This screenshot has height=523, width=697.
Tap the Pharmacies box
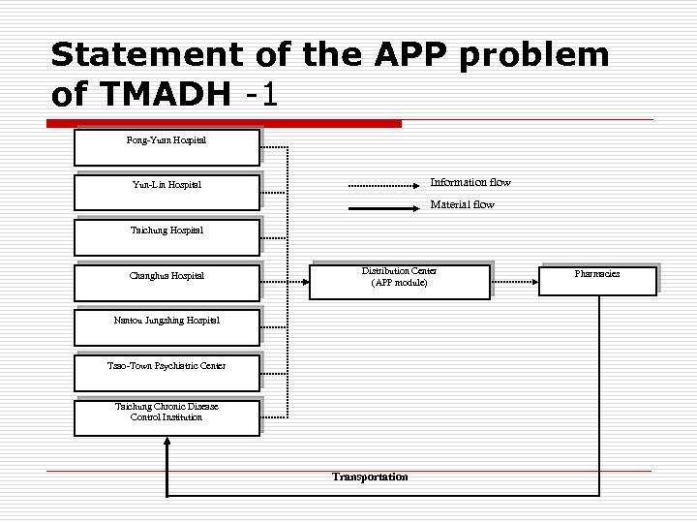click(597, 280)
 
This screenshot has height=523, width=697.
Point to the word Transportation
click(370, 477)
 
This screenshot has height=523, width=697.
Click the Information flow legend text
click(470, 182)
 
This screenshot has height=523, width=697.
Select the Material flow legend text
click(462, 204)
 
